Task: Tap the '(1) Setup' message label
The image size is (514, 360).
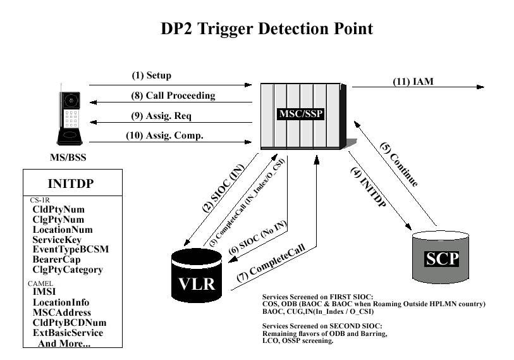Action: pos(152,76)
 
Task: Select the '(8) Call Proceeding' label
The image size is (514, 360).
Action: pos(173,96)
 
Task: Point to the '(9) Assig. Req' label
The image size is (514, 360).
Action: pos(161,116)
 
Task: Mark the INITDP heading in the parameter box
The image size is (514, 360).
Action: pos(71,184)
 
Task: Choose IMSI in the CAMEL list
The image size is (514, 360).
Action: pos(44,292)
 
